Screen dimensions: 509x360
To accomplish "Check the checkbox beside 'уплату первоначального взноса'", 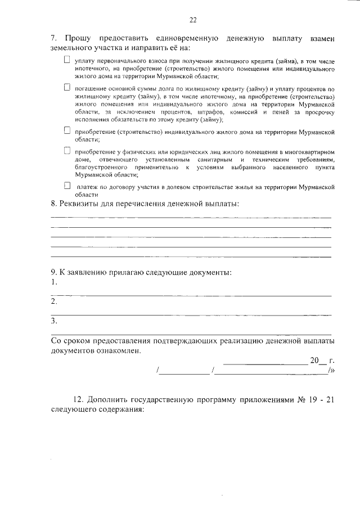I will [x=67, y=59].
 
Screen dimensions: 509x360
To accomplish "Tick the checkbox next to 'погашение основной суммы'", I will [x=67, y=87].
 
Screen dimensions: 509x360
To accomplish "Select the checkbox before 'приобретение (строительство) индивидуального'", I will [x=67, y=130].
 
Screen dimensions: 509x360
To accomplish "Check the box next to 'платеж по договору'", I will [x=67, y=185].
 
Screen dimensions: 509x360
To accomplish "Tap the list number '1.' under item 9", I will [x=54, y=282].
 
